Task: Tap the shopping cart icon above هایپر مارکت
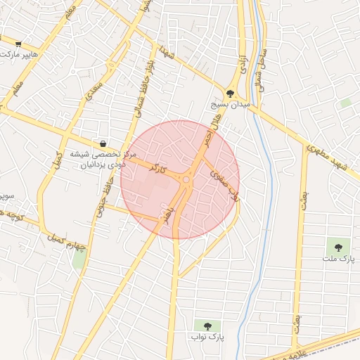pyautogui.click(x=27, y=42)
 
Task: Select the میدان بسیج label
pyautogui.click(x=230, y=104)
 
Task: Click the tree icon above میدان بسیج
pyautogui.click(x=230, y=93)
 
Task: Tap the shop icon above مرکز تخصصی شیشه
pyautogui.click(x=104, y=143)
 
